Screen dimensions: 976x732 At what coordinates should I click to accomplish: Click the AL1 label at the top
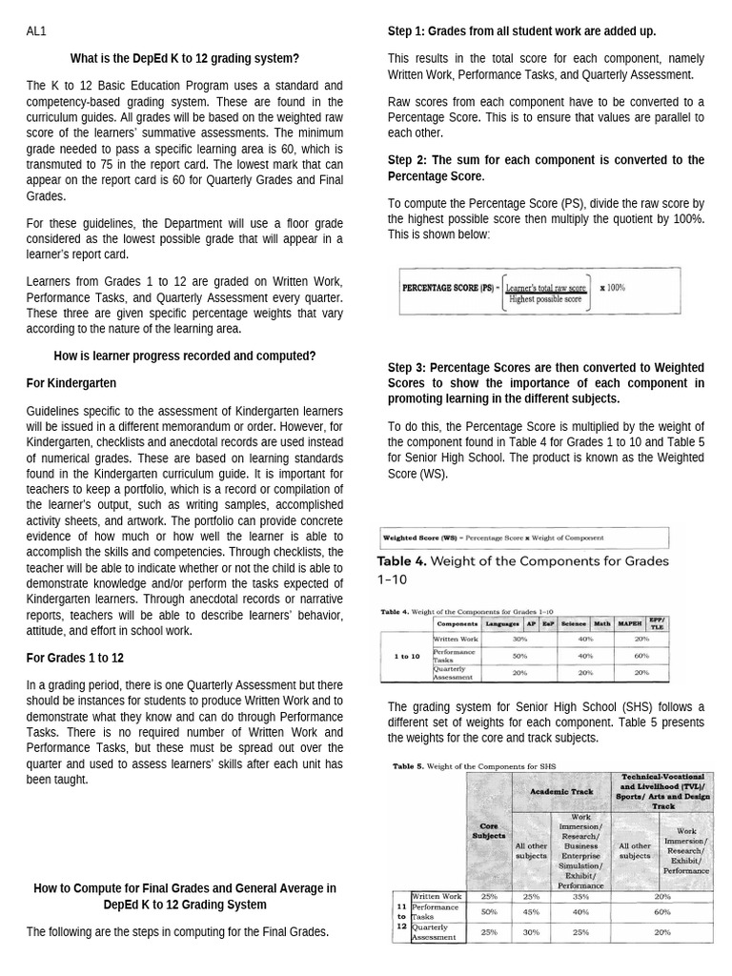pyautogui.click(x=35, y=31)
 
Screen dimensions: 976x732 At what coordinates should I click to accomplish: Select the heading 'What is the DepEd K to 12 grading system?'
pyautogui.click(x=185, y=58)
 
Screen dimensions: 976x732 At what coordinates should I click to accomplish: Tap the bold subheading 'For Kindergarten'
pyautogui.click(x=71, y=382)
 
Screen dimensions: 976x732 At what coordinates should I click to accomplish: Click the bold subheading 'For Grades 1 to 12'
pyautogui.click(x=75, y=658)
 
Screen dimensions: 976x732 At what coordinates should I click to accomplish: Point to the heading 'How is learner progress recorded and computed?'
pyautogui.click(x=185, y=356)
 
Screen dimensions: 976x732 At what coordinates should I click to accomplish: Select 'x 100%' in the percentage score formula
pyautogui.click(x=612, y=287)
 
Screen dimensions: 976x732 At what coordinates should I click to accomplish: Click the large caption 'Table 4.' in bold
pyautogui.click(x=402, y=560)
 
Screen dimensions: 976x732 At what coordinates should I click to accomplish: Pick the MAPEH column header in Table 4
pyautogui.click(x=629, y=623)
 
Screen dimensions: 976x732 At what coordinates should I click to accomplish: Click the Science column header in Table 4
pyautogui.click(x=574, y=623)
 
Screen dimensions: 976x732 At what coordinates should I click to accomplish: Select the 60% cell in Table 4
pyautogui.click(x=641, y=656)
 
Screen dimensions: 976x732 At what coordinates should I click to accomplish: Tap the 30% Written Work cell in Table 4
pyautogui.click(x=519, y=639)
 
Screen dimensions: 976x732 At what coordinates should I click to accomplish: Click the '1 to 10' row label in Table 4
pyautogui.click(x=406, y=656)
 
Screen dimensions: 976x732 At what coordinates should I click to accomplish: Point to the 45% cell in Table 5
pyautogui.click(x=531, y=912)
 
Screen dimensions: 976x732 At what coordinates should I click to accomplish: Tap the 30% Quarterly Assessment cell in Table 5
pyautogui.click(x=531, y=931)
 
